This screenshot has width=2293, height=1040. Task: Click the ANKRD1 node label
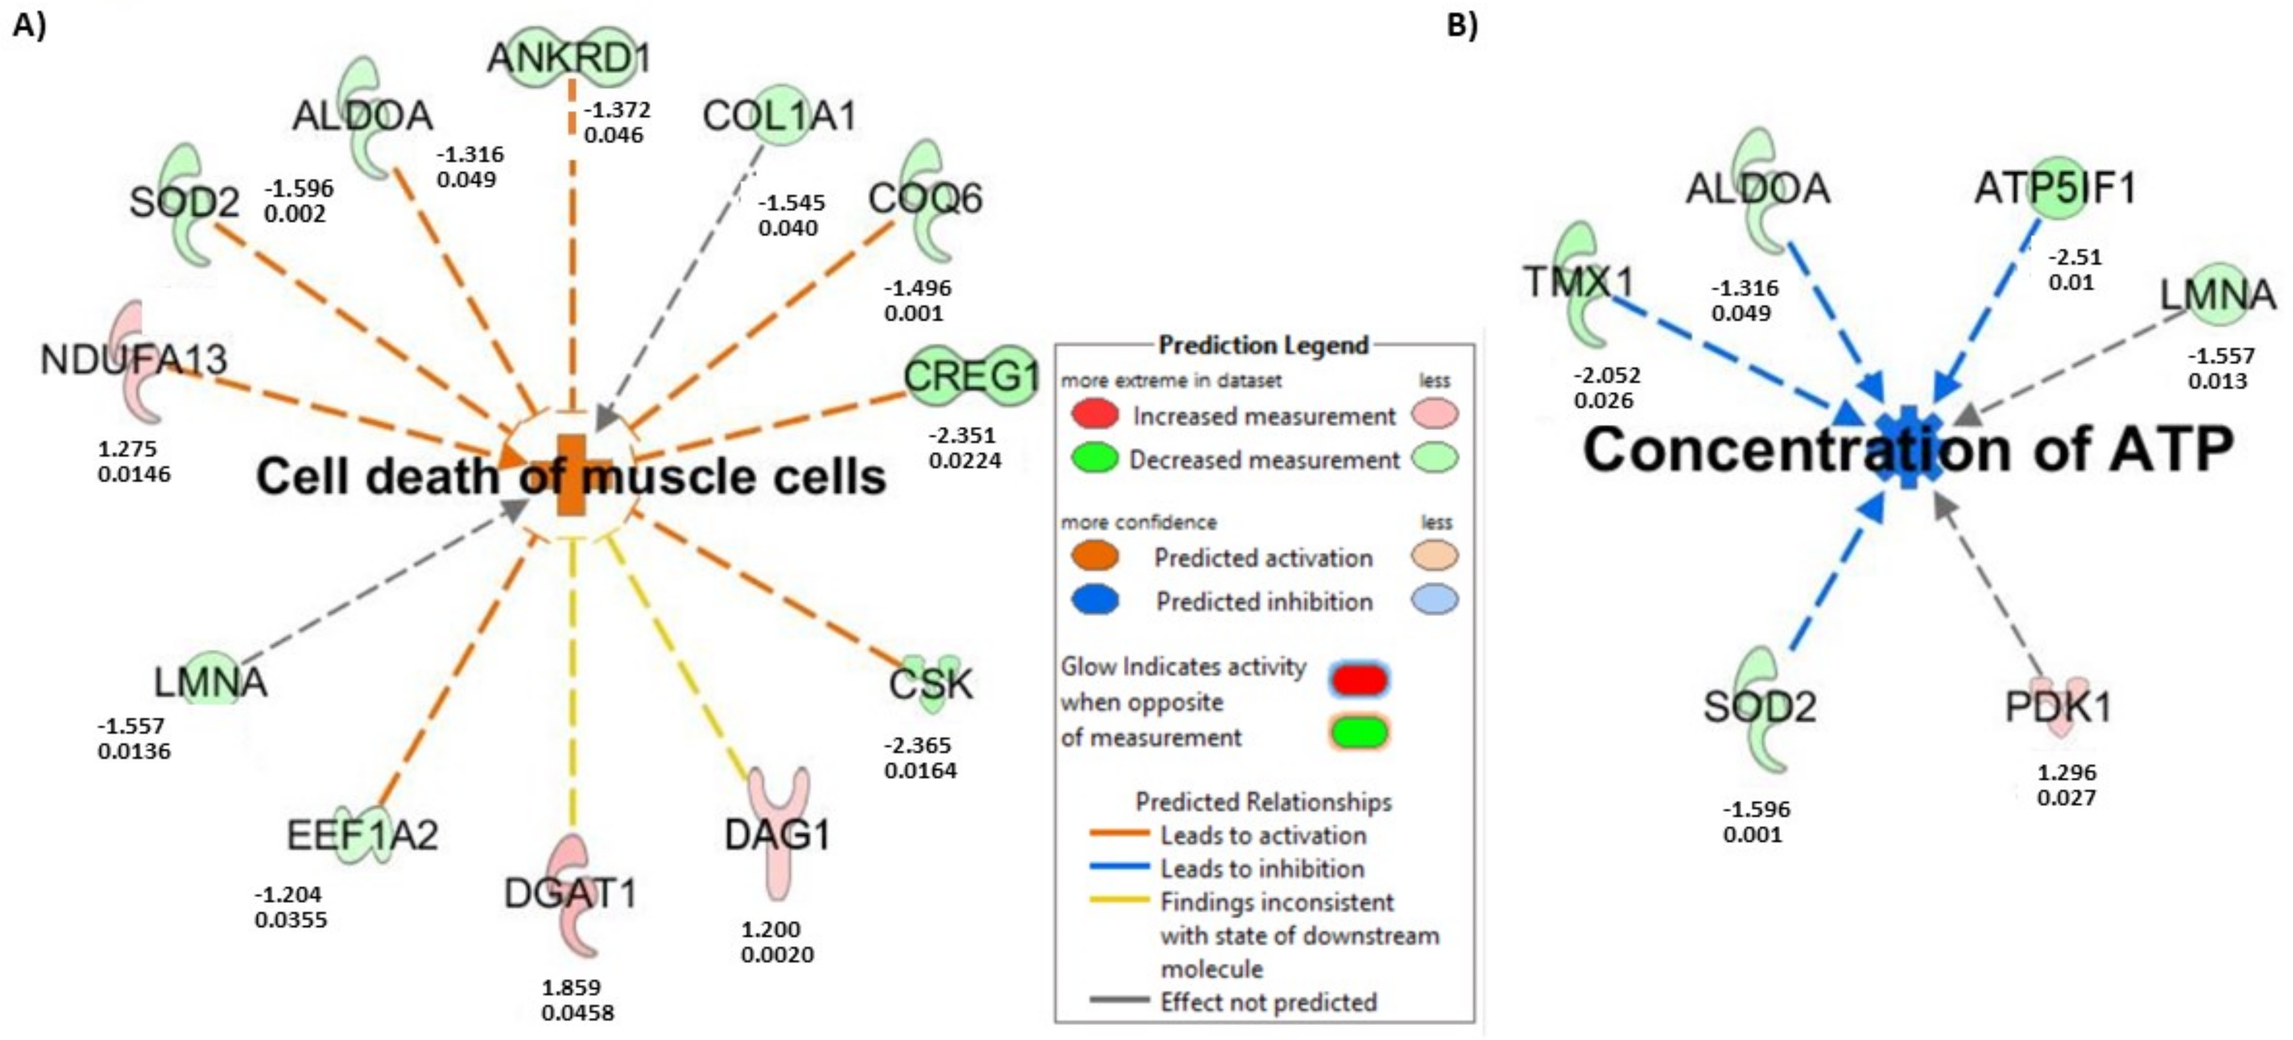coord(570,59)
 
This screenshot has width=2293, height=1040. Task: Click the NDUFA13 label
coord(134,360)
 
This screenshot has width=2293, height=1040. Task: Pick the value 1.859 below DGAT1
coord(572,987)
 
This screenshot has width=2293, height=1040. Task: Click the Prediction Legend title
coord(1263,345)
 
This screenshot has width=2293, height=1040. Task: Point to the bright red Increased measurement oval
coord(1095,414)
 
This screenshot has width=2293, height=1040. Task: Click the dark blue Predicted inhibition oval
coord(1095,600)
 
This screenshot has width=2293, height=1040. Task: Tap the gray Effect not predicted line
coord(1120,1001)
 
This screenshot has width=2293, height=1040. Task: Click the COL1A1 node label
coord(779,115)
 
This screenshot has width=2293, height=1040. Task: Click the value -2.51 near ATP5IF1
coord(2075,257)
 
